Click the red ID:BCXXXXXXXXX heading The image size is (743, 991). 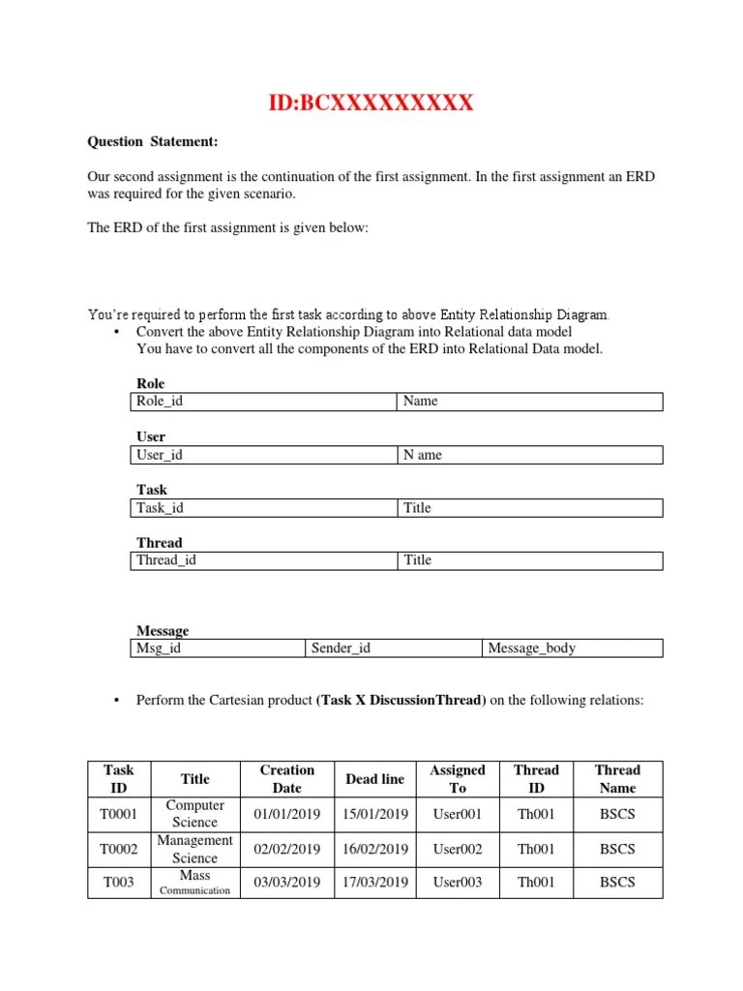coord(371,102)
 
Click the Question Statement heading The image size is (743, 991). coord(153,142)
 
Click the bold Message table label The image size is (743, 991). coord(163,631)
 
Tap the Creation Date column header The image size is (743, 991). coord(287,779)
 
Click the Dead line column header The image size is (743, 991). coord(374,779)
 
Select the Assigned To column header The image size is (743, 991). coord(458,779)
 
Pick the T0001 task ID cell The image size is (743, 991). coord(118,815)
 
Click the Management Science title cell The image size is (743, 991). coord(195,849)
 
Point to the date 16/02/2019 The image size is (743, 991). coord(375,850)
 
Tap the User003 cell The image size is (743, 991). coord(458,883)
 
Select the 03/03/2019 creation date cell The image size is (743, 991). coord(287,883)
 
